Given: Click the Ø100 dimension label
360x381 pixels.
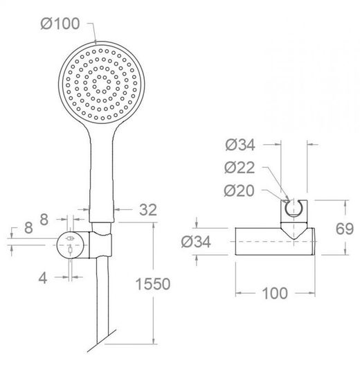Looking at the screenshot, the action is (60, 24).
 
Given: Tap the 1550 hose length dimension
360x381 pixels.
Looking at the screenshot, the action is (153, 284).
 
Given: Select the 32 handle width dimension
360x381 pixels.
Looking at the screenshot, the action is (148, 210).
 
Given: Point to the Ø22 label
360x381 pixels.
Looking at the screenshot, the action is (240, 168).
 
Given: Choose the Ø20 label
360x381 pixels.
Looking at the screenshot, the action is (239, 190).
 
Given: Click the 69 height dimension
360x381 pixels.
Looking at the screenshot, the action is (345, 229).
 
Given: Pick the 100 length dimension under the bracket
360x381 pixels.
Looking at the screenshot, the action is (275, 293).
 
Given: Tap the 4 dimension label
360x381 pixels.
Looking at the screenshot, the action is (43, 278).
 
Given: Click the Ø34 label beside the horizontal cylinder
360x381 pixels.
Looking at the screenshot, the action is (196, 242).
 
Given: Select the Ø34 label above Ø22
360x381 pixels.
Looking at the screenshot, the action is (240, 145).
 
